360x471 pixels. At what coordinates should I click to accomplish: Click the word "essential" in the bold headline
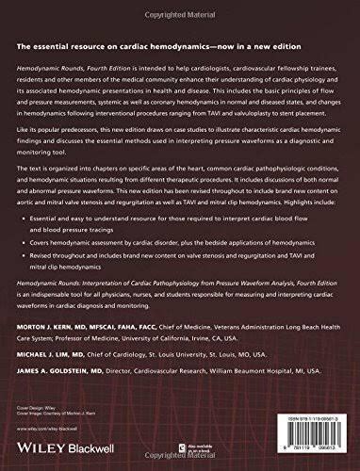(x=59, y=47)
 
